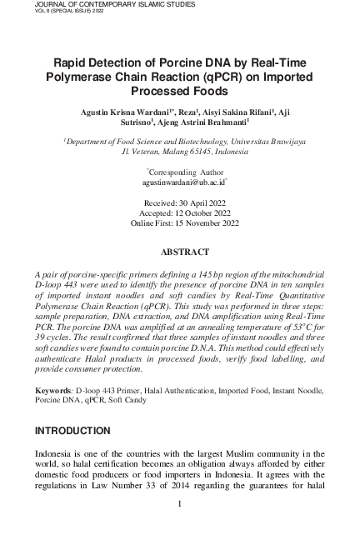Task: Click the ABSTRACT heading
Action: point(180,251)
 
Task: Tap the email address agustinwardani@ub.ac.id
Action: point(179,181)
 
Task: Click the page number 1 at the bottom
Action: point(180,503)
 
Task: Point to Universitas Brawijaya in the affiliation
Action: point(265,142)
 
